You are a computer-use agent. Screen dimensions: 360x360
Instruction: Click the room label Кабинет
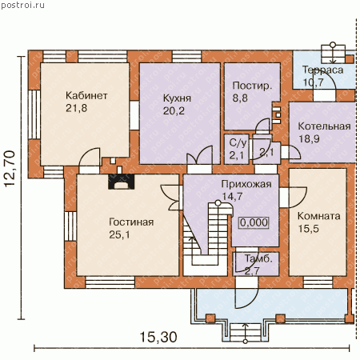click(x=86, y=95)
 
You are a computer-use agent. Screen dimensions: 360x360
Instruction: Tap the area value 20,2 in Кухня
click(x=174, y=110)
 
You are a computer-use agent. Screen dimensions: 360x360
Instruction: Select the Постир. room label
click(x=252, y=86)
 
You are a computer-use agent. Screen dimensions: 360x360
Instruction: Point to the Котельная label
click(x=324, y=126)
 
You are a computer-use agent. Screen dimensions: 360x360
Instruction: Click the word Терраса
click(x=322, y=70)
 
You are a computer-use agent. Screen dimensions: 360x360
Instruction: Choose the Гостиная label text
click(x=131, y=222)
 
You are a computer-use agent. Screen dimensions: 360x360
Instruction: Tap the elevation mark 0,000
click(x=254, y=222)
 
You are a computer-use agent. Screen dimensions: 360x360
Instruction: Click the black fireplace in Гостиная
click(x=121, y=182)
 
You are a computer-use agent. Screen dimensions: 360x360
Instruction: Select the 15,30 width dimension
click(x=158, y=337)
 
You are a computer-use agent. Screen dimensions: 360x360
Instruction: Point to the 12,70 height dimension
click(x=10, y=169)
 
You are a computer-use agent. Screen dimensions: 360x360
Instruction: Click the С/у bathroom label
click(x=238, y=142)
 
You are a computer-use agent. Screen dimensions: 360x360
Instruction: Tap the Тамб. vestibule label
click(x=258, y=258)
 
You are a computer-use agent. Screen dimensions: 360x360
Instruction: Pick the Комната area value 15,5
click(x=308, y=229)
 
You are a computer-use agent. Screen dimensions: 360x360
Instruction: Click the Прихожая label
click(x=246, y=184)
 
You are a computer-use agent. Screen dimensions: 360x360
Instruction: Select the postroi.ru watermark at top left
click(x=22, y=5)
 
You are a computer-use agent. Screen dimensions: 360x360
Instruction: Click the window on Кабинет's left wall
click(x=34, y=114)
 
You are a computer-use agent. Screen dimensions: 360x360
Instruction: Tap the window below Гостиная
click(x=110, y=282)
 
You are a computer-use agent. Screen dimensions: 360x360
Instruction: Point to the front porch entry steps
click(x=246, y=333)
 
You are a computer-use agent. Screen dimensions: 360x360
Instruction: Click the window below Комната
click(x=318, y=282)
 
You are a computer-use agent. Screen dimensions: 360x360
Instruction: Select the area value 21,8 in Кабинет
click(x=76, y=108)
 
